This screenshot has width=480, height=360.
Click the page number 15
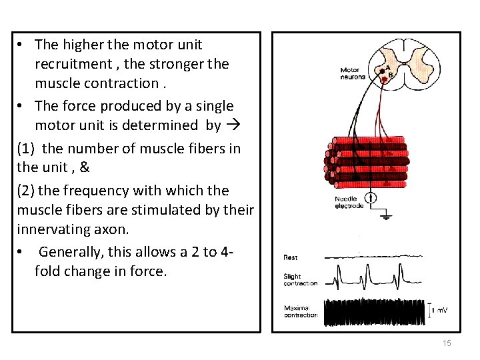click(x=447, y=343)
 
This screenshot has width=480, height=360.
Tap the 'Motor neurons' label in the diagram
click(x=353, y=73)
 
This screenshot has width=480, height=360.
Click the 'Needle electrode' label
click(x=349, y=202)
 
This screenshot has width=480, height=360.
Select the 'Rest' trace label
click(x=291, y=257)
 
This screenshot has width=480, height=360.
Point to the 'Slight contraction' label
click(x=301, y=279)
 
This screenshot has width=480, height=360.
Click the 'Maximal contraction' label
click(x=301, y=311)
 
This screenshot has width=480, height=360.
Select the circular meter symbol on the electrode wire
click(x=371, y=198)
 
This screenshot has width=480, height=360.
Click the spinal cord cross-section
click(x=404, y=61)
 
